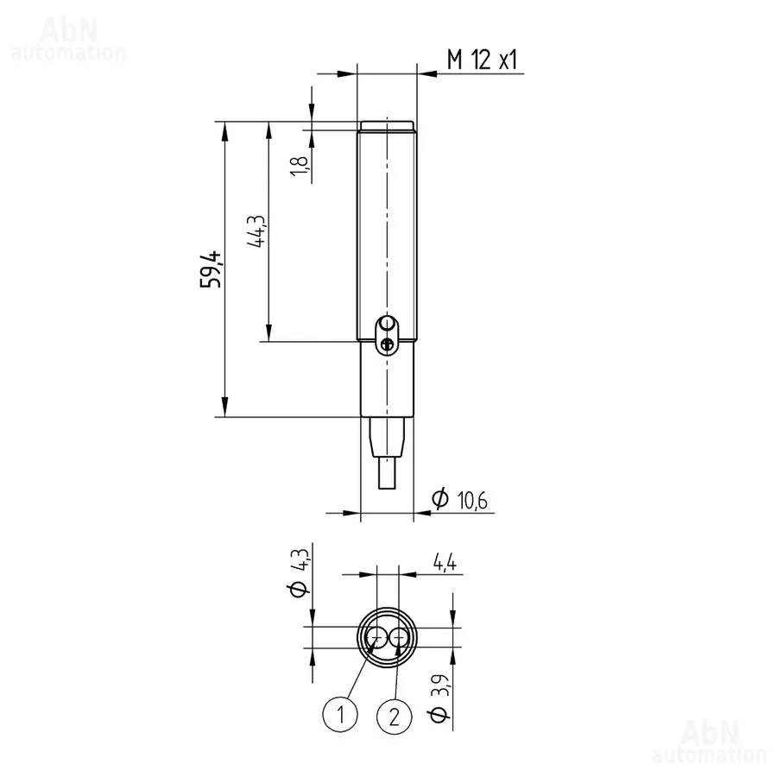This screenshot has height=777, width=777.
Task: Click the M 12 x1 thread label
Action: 482,60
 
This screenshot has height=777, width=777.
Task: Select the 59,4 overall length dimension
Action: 211,270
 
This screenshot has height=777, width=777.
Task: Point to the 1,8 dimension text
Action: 300,165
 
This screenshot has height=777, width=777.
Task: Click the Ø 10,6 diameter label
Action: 459,499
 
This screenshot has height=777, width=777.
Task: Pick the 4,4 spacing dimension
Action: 445,562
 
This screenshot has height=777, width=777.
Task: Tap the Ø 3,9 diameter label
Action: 439,698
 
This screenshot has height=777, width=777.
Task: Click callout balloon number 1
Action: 340,715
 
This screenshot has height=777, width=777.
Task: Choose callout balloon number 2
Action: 395,716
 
